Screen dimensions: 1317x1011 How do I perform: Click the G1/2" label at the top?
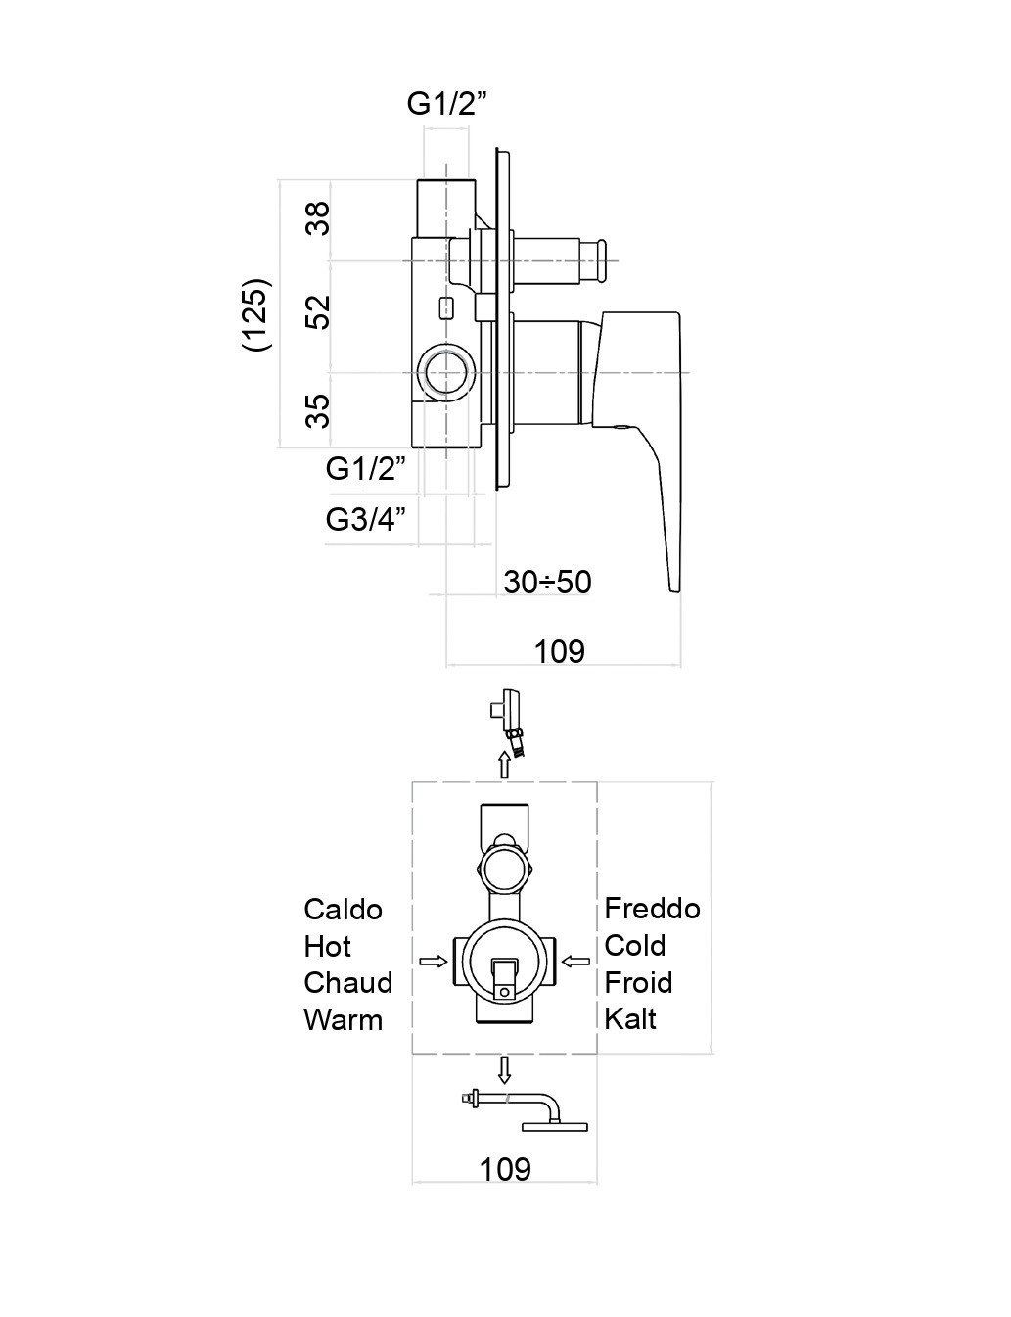tap(446, 103)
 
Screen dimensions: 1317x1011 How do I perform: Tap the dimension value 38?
tap(318, 217)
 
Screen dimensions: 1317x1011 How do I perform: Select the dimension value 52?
tap(318, 311)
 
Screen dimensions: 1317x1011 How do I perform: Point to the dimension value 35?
tap(318, 410)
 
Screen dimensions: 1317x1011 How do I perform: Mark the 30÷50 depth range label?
tap(547, 582)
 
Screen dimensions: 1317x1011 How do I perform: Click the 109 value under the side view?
tap(559, 651)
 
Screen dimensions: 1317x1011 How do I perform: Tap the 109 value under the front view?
tap(505, 1168)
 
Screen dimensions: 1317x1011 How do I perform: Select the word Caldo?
tap(343, 910)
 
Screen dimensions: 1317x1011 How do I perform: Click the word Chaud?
tap(347, 983)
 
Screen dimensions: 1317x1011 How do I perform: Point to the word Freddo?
tap(652, 909)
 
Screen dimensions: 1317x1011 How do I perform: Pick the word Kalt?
tap(630, 1019)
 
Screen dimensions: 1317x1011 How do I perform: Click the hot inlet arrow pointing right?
tap(433, 962)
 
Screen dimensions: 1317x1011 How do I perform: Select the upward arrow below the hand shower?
tap(505, 764)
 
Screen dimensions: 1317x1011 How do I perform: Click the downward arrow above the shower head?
tap(505, 1069)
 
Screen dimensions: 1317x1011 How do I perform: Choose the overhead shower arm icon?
tap(528, 1111)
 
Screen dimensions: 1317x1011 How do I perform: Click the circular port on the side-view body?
tap(446, 374)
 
